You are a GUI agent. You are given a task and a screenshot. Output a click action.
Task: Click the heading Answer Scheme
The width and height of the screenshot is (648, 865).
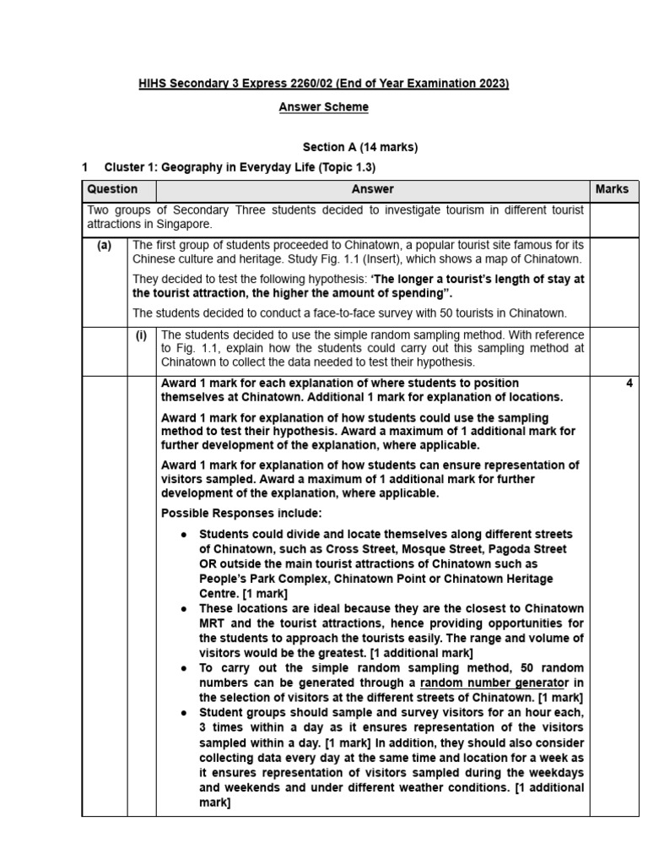point(323,107)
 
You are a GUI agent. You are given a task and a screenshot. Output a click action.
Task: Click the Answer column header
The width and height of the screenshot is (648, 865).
point(372,189)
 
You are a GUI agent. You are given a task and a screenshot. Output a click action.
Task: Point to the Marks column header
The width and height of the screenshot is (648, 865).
point(612,189)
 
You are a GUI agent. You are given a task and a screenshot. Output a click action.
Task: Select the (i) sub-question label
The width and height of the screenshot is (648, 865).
point(142,335)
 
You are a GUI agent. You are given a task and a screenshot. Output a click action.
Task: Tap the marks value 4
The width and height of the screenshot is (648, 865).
point(629,384)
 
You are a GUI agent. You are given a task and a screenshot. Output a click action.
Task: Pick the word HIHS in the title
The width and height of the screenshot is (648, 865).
point(154,84)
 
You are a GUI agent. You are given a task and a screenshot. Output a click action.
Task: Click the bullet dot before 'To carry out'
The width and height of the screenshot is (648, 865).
point(184,667)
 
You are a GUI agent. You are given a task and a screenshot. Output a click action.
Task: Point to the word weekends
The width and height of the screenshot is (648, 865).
point(240,787)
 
